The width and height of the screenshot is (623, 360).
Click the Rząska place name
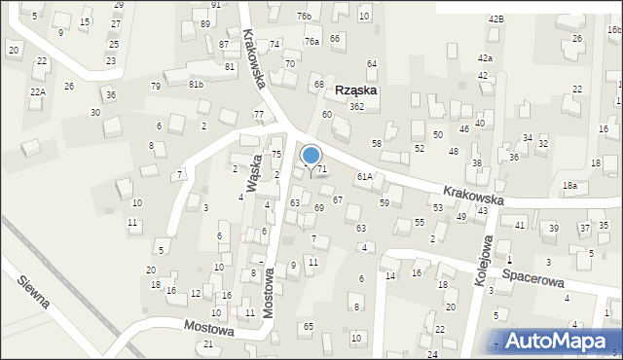pos(355,90)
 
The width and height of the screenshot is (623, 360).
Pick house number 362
pos(357,106)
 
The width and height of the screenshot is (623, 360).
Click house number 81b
pos(197,84)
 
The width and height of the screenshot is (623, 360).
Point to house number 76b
pos(304,17)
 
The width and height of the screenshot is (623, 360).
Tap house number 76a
pos(311,42)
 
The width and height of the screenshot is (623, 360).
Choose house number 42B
pos(496,19)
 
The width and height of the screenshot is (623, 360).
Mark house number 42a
pos(485,58)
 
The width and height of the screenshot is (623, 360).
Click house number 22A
pos(37,91)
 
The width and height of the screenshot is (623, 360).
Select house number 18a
pos(569,185)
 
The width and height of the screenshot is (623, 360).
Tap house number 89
pos(204,23)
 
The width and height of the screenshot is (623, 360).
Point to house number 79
pos(156,87)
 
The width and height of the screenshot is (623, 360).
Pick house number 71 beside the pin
pos(322,169)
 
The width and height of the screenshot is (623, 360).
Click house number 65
pos(309,326)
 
